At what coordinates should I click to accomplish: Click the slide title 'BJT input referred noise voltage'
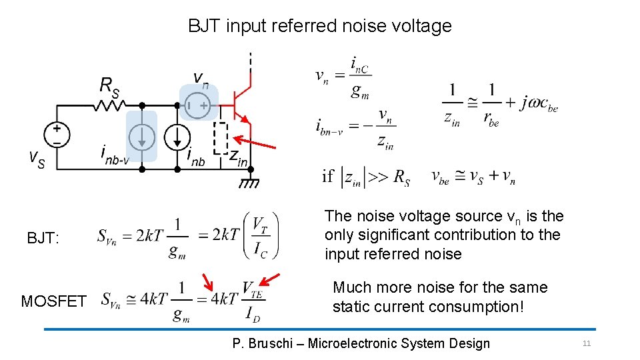click(319, 26)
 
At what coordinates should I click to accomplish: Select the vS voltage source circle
click(57, 135)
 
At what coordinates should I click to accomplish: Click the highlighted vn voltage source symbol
click(197, 105)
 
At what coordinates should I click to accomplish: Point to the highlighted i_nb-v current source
click(141, 137)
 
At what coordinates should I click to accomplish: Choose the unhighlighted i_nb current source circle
click(177, 137)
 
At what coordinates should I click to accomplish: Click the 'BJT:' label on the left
click(43, 238)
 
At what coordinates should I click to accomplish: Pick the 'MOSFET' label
click(53, 301)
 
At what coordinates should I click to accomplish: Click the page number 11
click(587, 343)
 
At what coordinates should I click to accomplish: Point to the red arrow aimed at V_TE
click(269, 279)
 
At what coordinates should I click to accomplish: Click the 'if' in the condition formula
click(328, 177)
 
